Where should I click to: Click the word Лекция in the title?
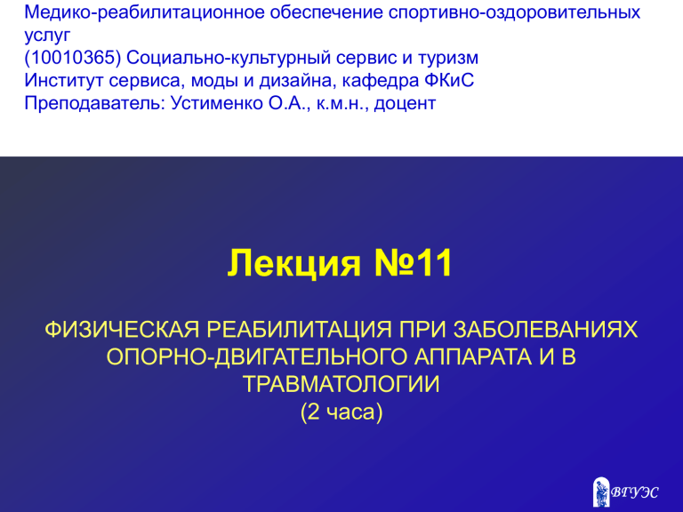pos(294,263)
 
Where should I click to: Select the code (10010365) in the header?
pos(73,58)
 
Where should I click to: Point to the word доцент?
pos(405,104)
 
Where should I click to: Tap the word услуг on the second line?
pos(47,36)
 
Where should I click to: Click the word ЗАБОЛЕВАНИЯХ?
pos(545,330)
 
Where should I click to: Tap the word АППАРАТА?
pos(472,356)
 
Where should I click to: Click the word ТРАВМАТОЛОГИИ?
pos(341,384)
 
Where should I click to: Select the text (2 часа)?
pos(341,412)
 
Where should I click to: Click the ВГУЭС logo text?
pos(634,492)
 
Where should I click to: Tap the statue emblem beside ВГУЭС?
pos(601,492)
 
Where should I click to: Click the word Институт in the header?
pos(64,81)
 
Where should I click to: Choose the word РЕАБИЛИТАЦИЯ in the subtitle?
pos(299,330)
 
